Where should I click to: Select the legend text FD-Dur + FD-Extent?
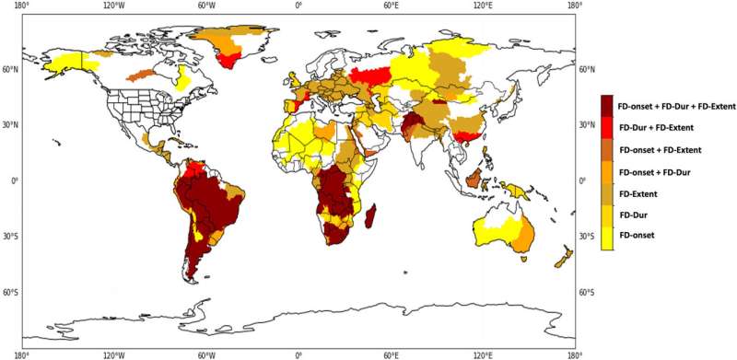[x=655, y=127]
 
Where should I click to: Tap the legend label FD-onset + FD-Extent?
[x=661, y=149]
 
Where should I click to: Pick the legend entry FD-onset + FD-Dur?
[x=657, y=171]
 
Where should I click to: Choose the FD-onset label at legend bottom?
[x=637, y=237]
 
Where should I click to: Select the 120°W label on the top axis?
[x=114, y=6]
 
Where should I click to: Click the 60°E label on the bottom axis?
[x=391, y=354]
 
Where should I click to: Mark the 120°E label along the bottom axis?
[x=483, y=354]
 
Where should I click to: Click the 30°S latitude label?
[x=586, y=237]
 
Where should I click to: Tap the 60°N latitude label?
[x=586, y=68]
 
